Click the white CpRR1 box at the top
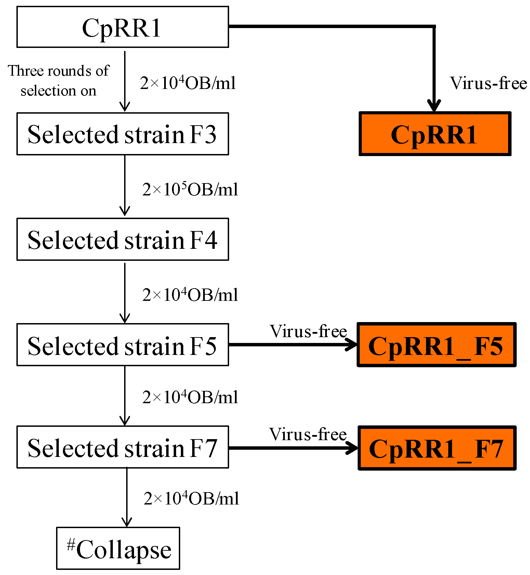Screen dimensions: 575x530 point(122,27)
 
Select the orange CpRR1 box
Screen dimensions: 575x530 point(435,134)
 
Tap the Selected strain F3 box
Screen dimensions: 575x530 point(122,134)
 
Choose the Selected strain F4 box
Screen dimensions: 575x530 point(122,240)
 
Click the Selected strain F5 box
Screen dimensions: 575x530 point(122,345)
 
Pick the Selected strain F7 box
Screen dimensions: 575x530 point(122,447)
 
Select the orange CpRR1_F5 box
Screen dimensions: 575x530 point(436,345)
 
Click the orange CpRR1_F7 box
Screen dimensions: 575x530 point(437,448)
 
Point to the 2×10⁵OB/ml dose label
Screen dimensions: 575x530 point(190,189)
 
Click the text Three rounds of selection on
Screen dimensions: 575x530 point(58,81)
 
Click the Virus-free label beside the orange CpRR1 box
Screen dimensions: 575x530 point(488,83)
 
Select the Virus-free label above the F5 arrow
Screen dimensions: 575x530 point(308,331)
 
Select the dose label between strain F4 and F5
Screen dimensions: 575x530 point(190,295)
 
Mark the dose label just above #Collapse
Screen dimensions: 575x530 point(191,498)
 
